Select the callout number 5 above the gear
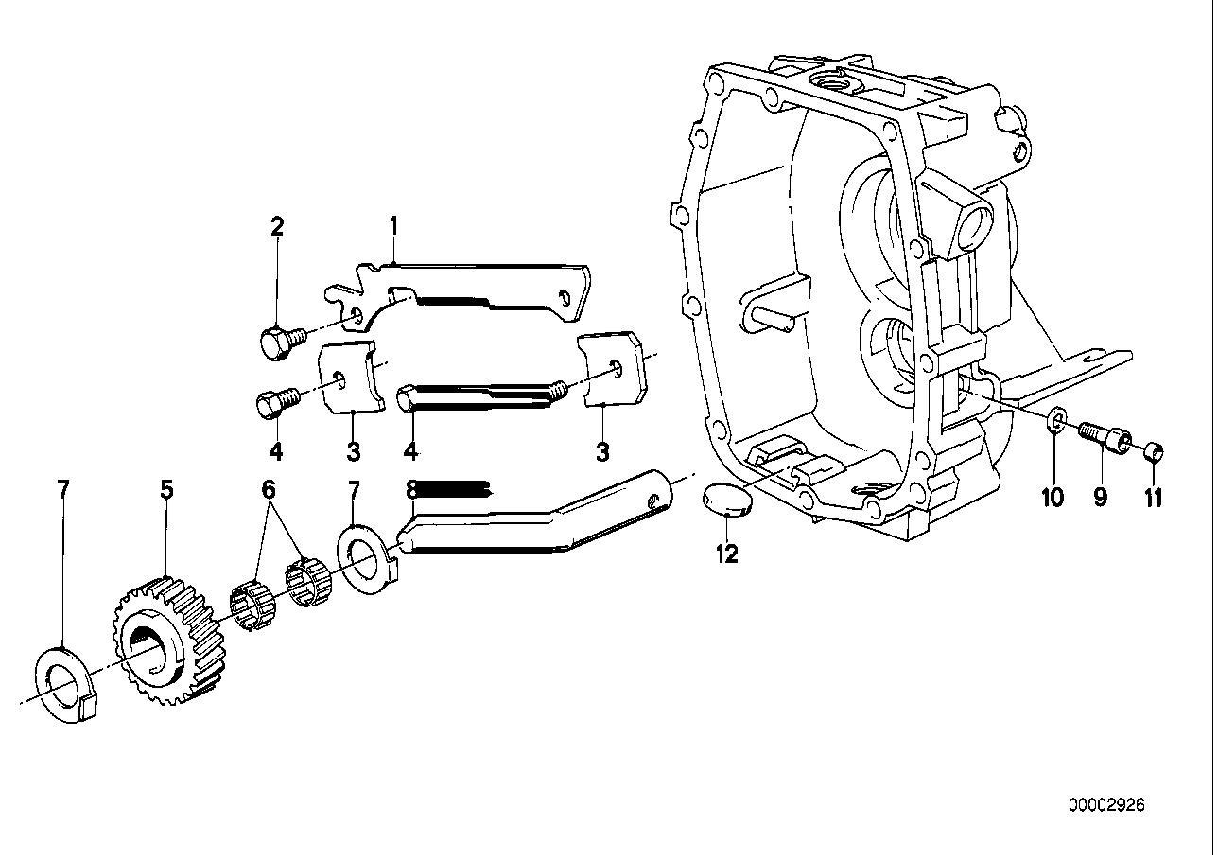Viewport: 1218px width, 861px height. click(166, 489)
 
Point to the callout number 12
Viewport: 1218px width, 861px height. click(726, 554)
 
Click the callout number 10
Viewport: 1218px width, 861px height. click(1053, 497)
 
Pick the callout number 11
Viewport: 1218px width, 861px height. click(1154, 497)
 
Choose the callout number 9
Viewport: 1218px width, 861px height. click(1100, 497)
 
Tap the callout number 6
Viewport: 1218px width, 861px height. click(269, 489)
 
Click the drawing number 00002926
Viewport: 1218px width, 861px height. click(1106, 805)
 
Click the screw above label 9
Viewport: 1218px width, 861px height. click(1104, 435)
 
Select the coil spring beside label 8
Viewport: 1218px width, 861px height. click(455, 489)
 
